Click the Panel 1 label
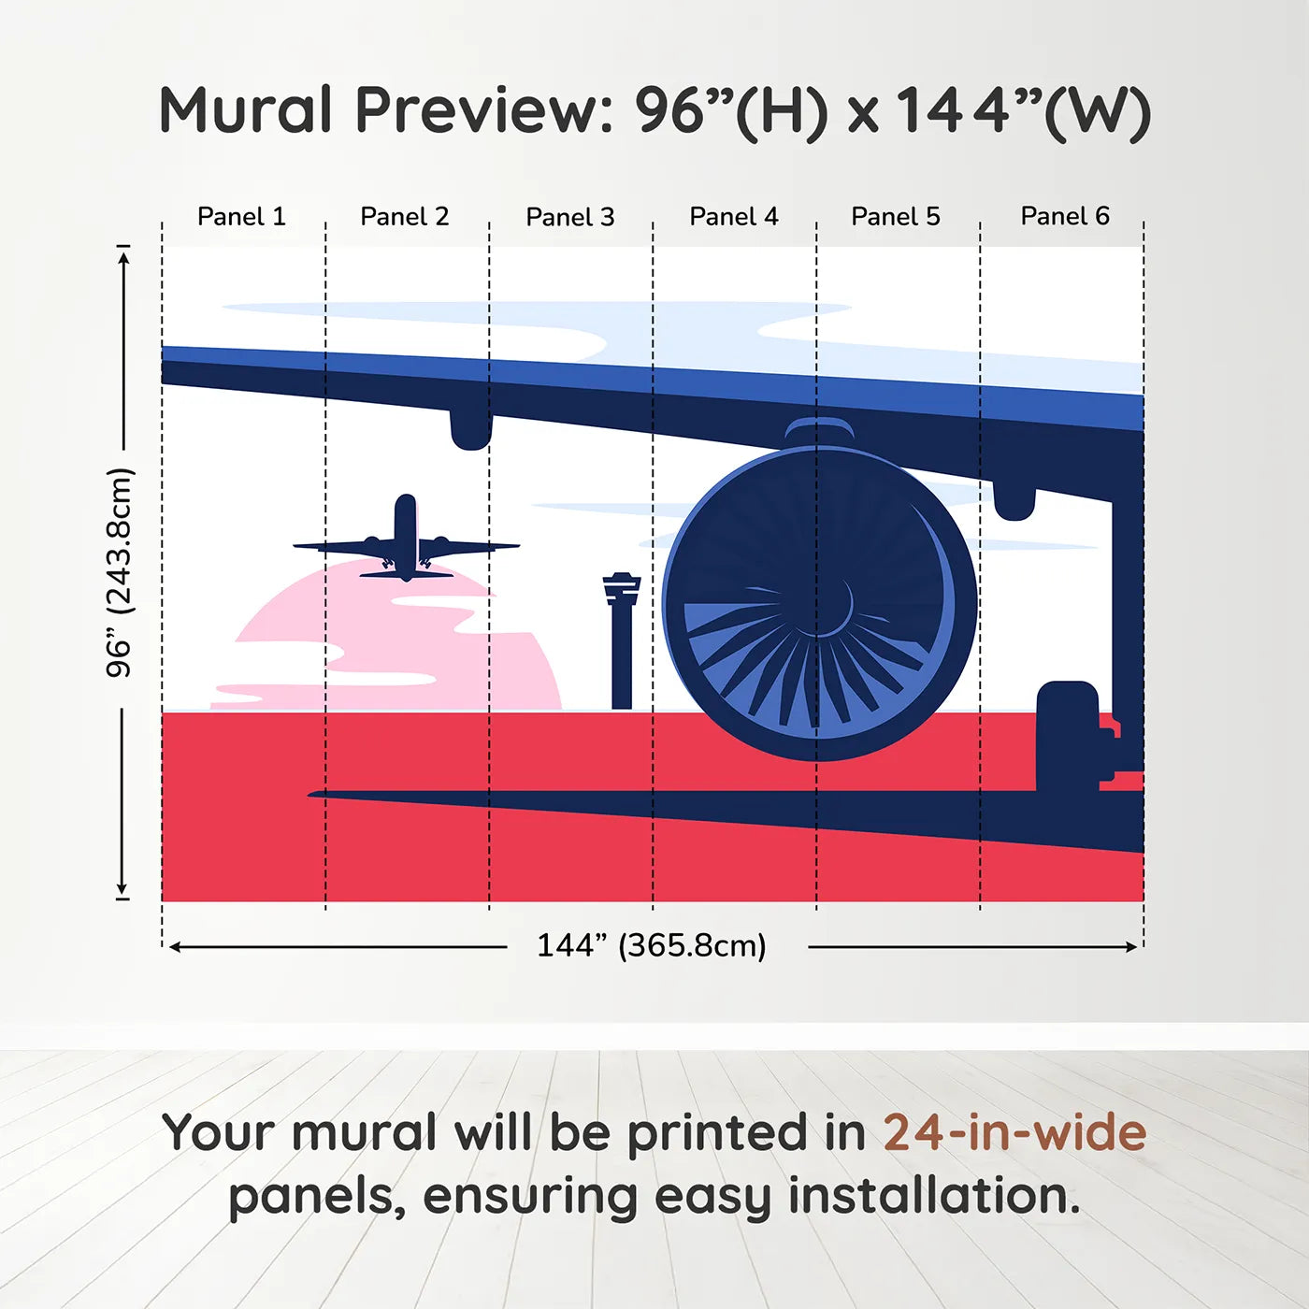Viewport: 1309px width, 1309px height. pos(241,217)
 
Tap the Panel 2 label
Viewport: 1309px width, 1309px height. pos(405,217)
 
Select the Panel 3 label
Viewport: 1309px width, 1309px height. pos(570,218)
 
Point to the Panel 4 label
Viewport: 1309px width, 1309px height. pos(734,217)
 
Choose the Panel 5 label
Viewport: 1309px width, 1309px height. pos(896,217)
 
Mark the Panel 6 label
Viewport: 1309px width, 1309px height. pos(1065,216)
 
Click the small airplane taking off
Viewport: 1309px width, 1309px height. pos(406,542)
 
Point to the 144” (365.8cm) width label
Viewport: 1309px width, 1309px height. pos(652,945)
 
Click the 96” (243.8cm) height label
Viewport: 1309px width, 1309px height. pos(120,572)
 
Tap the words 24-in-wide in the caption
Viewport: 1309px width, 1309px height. pos(1014,1133)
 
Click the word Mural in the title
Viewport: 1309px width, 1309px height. pos(246,110)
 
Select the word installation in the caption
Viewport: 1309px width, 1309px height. pos(933,1196)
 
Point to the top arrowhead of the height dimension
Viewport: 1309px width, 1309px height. pos(122,254)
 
